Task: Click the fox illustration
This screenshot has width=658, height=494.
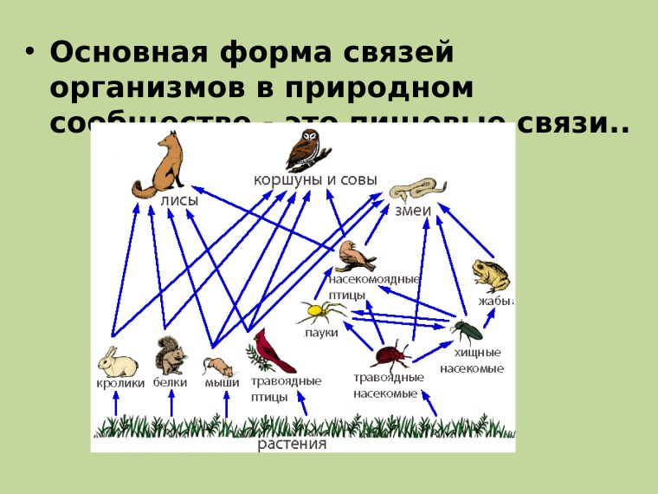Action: pos(162,164)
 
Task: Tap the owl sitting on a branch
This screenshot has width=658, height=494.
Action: pos(306,150)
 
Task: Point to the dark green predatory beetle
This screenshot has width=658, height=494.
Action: pos(467,328)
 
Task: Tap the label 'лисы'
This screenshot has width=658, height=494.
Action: pos(179,200)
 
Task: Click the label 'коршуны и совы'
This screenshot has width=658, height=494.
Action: pos(315,179)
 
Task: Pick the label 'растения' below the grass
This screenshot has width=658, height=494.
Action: pos(293,445)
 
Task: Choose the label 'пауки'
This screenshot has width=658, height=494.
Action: pos(320,333)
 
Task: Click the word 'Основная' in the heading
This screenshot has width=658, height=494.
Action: pos(127,53)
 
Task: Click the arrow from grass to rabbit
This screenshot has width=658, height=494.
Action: pos(116,403)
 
